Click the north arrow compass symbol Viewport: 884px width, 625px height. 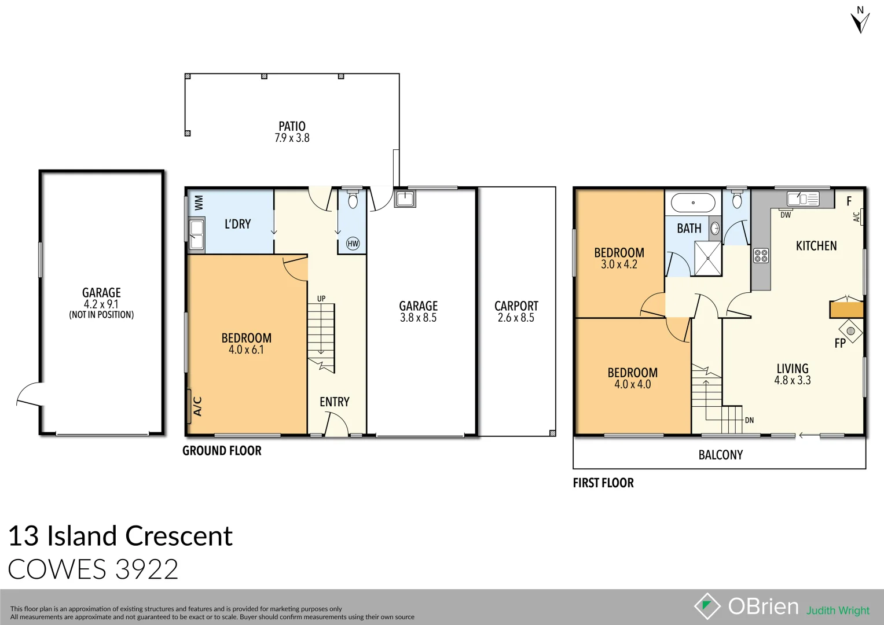pyautogui.click(x=860, y=21)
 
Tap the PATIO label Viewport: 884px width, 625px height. pyautogui.click(x=292, y=126)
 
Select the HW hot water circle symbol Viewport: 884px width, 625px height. pyautogui.click(x=353, y=244)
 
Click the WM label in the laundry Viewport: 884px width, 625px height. pyautogui.click(x=199, y=203)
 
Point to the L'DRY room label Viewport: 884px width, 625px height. pyautogui.click(x=237, y=224)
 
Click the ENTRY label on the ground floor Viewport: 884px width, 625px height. pyautogui.click(x=334, y=402)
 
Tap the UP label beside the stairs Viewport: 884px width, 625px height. pyautogui.click(x=321, y=299)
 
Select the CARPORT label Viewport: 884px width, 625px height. pyautogui.click(x=516, y=306)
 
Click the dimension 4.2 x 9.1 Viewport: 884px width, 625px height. pyautogui.click(x=101, y=304)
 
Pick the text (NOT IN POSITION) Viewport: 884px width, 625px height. pyautogui.click(x=101, y=315)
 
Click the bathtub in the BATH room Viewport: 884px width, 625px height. pyautogui.click(x=693, y=203)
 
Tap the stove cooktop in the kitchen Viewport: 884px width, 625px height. pyautogui.click(x=761, y=255)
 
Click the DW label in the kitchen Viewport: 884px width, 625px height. pyautogui.click(x=785, y=215)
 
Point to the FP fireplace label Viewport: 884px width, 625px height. pyautogui.click(x=840, y=343)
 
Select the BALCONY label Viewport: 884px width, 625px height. pyautogui.click(x=720, y=455)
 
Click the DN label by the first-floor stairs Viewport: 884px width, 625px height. pyautogui.click(x=749, y=420)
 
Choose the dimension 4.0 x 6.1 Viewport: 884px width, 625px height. pyautogui.click(x=246, y=350)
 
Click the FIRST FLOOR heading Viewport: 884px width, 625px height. pyautogui.click(x=603, y=483)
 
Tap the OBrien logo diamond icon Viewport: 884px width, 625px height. pyautogui.click(x=707, y=606)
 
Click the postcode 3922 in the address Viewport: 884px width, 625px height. pyautogui.click(x=146, y=569)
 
